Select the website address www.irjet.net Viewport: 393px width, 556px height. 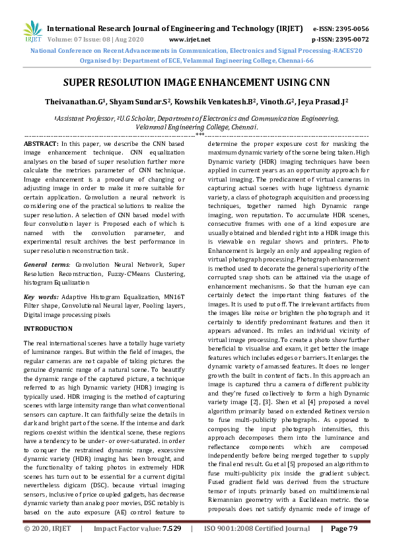[190, 40]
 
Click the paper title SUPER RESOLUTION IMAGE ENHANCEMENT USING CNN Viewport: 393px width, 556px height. [196, 85]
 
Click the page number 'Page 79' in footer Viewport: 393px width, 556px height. [343, 547]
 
